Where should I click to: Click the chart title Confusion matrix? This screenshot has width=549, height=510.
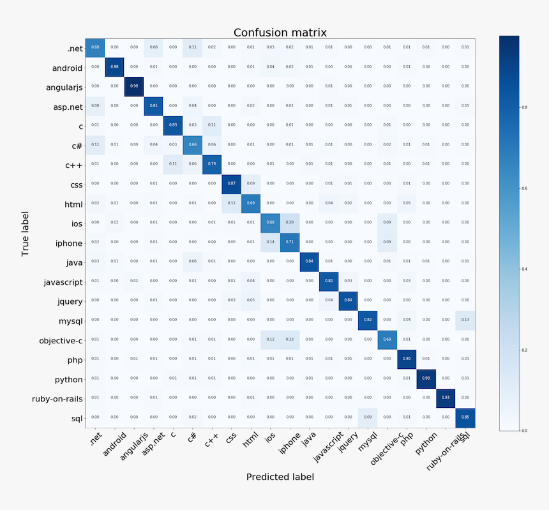[x=280, y=33]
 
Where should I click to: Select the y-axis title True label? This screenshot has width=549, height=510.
[x=26, y=233]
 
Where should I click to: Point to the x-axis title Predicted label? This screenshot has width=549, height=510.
[x=280, y=477]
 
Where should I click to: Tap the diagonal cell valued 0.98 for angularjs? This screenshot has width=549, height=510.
[x=134, y=86]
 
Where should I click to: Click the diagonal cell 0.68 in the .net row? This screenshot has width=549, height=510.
[x=95, y=47]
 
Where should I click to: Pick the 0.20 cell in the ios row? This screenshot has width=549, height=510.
[x=290, y=222]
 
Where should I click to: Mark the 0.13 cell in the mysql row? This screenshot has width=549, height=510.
[x=465, y=320]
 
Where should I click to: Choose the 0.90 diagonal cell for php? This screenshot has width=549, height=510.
[x=407, y=359]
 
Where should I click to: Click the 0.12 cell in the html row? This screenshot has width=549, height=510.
[x=232, y=203]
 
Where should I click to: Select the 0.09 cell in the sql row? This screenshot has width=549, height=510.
[x=368, y=417]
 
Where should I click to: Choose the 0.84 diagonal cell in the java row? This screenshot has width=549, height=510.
[x=310, y=261]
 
